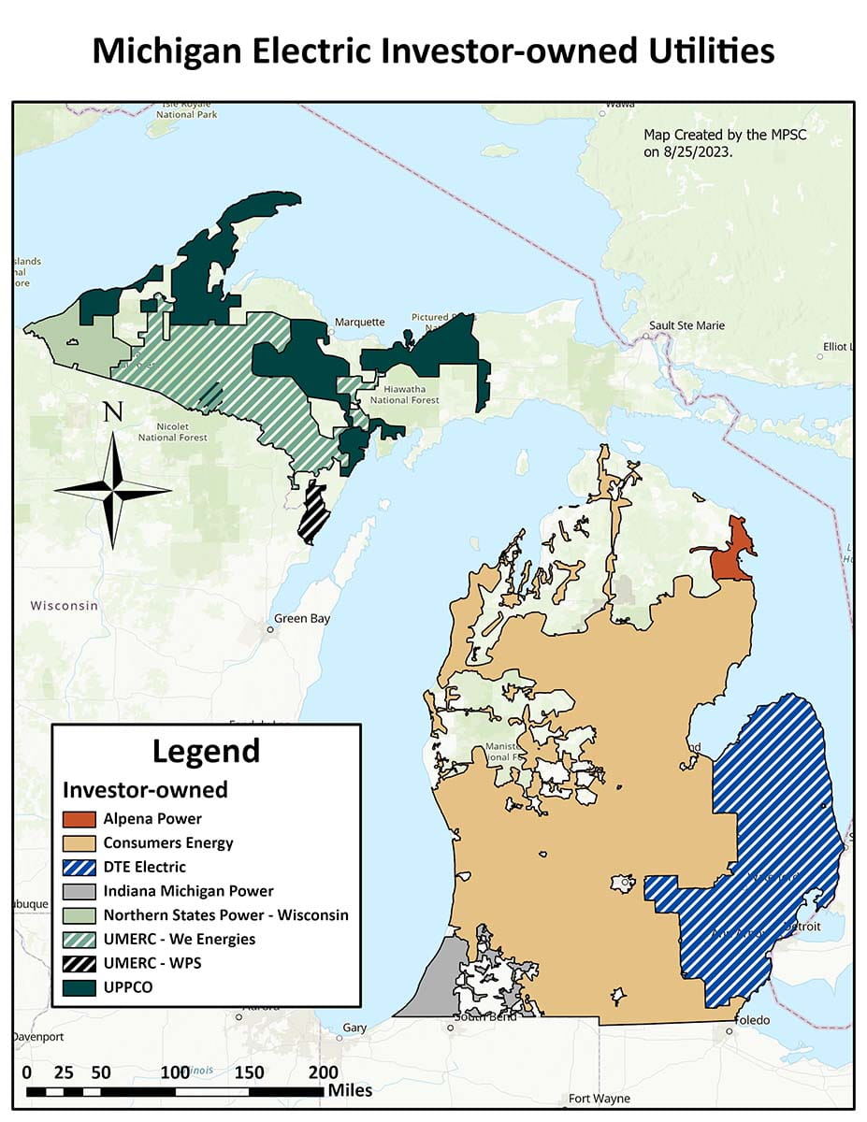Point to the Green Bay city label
point(301,619)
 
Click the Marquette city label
point(360,322)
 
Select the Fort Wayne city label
point(600,1099)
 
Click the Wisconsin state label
point(64,606)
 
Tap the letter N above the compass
point(112,412)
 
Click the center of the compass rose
point(112,489)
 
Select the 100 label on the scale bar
point(175,1072)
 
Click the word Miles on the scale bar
point(350,1090)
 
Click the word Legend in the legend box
point(206,751)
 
